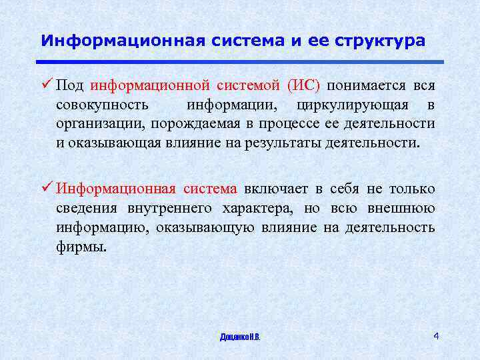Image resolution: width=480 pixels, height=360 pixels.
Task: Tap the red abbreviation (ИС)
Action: click(303, 87)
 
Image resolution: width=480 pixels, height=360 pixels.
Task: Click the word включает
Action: click(273, 189)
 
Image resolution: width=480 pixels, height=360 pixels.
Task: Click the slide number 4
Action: click(435, 335)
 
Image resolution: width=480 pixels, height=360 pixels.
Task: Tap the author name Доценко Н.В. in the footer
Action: click(239, 337)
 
